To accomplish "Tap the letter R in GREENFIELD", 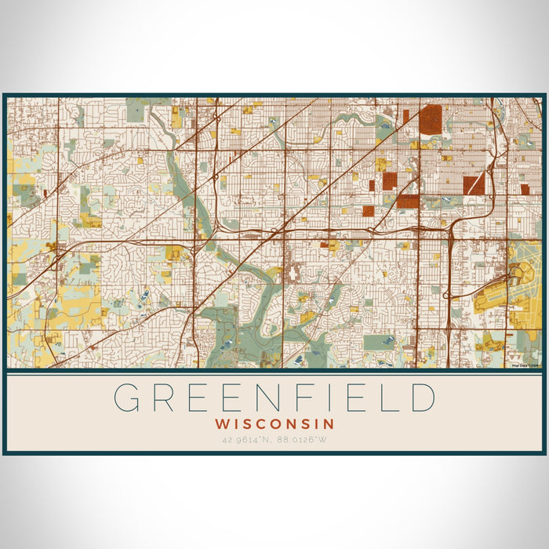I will pos(172,398).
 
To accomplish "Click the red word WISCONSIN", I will pos(274,424).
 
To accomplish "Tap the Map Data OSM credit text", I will pos(525,365).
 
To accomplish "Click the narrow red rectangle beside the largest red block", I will pos(406,116).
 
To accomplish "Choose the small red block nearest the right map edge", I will pos(525,189).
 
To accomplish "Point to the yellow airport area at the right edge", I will pos(524,282).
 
